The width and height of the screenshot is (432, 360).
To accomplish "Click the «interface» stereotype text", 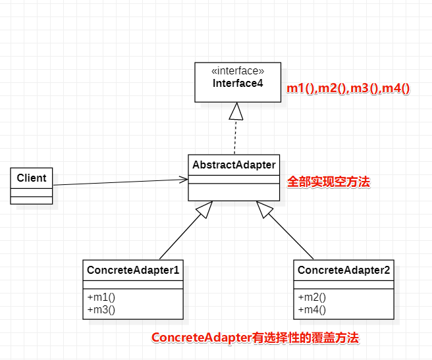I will [x=238, y=71].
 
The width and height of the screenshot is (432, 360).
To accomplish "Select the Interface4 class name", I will [x=238, y=84].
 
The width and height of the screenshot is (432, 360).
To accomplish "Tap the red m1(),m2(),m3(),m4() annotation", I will [x=348, y=89].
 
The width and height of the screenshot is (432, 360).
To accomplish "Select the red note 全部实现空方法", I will [x=329, y=182].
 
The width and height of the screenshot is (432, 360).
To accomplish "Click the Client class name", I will [x=32, y=178].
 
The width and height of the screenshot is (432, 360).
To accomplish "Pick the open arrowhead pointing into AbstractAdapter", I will [x=184, y=178].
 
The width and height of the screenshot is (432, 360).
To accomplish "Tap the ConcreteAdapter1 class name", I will [x=134, y=270].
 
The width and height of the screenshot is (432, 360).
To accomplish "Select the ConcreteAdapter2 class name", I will [x=344, y=270].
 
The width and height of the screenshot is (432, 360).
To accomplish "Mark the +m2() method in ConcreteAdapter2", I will [x=311, y=297].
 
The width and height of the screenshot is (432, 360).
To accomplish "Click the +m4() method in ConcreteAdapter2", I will [x=311, y=309].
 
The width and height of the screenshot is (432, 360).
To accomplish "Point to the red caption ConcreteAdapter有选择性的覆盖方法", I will [x=256, y=338].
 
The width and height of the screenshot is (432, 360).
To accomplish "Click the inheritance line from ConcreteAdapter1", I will [x=181, y=237].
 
